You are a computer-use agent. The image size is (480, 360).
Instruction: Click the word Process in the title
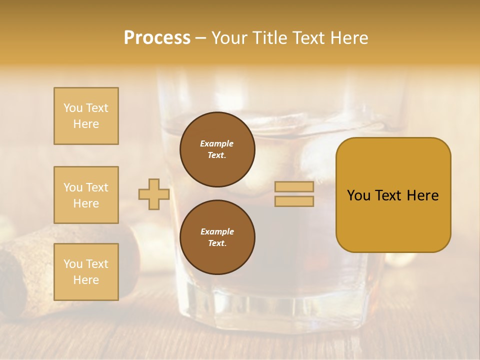157,38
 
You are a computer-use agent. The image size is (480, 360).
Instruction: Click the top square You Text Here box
86,116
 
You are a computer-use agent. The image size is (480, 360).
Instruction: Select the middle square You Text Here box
86,195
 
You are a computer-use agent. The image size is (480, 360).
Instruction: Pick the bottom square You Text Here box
86,272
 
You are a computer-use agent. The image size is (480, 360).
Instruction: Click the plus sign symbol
153,194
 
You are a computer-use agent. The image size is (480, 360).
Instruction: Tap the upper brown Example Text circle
217,149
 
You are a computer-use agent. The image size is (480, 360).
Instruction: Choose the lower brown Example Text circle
217,237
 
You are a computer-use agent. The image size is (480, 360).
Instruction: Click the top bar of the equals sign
294,187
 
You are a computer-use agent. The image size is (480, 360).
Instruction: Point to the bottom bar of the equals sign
294,201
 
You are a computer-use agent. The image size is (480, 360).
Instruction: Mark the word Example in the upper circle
217,143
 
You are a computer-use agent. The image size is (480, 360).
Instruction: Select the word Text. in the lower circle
217,243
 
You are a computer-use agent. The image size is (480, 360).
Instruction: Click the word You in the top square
72,108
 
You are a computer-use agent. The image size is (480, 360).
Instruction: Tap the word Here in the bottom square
86,280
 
